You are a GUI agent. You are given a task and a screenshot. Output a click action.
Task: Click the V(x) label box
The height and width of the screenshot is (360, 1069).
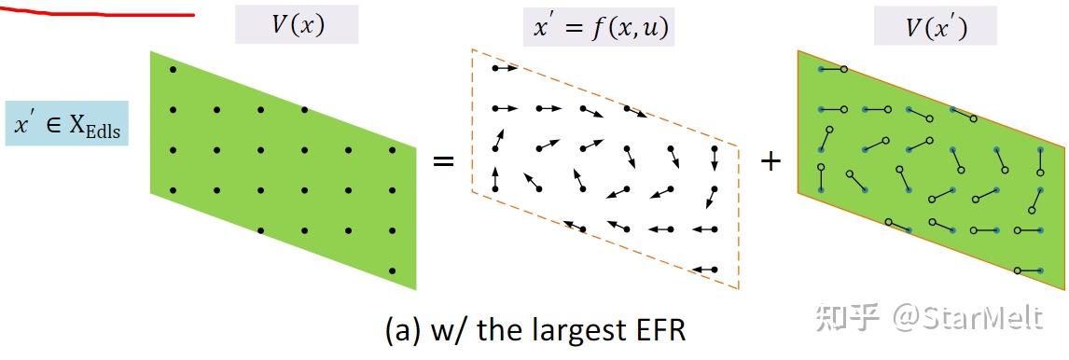[x=297, y=25]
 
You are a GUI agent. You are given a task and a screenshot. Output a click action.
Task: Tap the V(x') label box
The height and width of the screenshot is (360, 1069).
[x=935, y=27]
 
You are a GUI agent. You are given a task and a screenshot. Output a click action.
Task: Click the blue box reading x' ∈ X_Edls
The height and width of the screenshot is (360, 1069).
[x=66, y=123]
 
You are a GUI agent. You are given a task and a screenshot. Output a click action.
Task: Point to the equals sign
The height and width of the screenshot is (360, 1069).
[x=443, y=160]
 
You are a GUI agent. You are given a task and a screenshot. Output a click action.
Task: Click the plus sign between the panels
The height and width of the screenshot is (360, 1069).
[x=771, y=160]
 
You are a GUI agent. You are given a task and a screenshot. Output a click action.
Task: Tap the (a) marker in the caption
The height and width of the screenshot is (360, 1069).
[x=403, y=330]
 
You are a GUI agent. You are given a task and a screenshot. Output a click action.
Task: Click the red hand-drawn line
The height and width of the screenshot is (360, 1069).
[x=93, y=12]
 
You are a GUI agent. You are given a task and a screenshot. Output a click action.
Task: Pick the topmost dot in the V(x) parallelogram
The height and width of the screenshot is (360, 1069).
[x=173, y=70]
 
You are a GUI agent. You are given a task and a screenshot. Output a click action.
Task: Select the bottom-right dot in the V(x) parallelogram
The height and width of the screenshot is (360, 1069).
[x=393, y=270]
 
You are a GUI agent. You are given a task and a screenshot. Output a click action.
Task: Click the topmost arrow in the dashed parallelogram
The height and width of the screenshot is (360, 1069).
[x=505, y=68]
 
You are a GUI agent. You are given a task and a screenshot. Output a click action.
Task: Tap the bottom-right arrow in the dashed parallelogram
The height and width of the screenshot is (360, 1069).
[x=705, y=270]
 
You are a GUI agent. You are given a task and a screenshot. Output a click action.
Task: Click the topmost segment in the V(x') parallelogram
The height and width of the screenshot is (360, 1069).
[x=831, y=69]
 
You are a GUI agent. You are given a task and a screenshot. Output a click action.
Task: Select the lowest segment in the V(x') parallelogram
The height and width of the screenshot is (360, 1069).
[x=1029, y=270]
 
